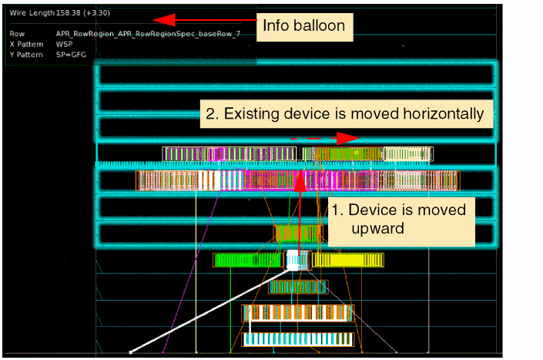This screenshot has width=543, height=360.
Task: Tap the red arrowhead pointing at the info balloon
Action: coord(164,20)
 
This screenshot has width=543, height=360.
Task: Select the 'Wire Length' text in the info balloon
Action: coord(32,13)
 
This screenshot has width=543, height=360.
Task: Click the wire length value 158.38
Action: coord(69,13)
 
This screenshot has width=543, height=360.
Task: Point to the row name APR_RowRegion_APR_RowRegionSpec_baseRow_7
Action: coord(148,34)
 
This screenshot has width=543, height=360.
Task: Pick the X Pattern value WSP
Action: coord(64,44)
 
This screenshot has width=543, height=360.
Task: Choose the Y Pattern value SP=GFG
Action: coord(71,55)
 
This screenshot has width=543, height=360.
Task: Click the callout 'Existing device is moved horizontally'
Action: coord(347,114)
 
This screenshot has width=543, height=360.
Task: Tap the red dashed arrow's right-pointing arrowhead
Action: coord(347,138)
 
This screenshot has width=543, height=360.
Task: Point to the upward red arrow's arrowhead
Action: coord(300,180)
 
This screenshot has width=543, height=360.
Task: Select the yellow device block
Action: coord(348,260)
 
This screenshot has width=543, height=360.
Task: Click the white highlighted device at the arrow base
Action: coord(293,261)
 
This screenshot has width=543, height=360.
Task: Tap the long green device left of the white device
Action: coord(248,260)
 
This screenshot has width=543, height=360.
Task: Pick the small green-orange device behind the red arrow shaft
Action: coord(298,233)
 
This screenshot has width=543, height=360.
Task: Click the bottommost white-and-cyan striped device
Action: coord(298,339)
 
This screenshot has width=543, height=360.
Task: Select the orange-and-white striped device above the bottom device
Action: coord(298,313)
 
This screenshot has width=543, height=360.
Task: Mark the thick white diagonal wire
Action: coord(209,312)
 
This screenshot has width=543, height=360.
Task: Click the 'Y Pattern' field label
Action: coord(26,55)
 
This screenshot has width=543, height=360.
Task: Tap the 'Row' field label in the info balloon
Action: coord(17,34)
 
